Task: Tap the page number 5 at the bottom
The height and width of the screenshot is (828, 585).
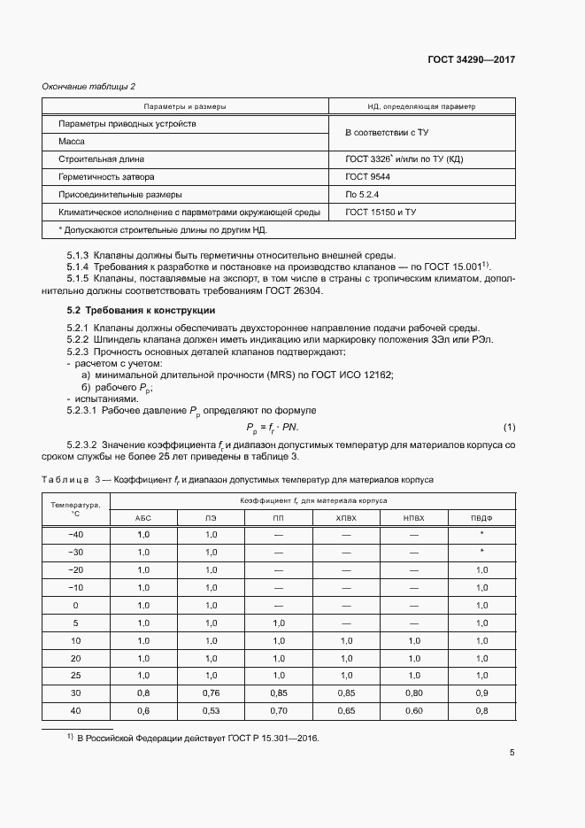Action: point(512,754)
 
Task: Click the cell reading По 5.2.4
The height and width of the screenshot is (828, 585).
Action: point(363,195)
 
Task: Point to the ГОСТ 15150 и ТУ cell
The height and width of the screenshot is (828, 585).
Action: point(381,213)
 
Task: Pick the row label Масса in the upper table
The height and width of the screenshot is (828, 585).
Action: point(72,142)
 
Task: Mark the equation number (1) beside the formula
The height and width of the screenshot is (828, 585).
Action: point(509,428)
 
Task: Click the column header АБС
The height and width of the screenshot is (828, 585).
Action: point(142,516)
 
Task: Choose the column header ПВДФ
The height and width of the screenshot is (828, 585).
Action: point(481,516)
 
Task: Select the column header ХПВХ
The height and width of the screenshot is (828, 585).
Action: point(346,516)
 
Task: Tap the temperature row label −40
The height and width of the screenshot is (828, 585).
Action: point(75,535)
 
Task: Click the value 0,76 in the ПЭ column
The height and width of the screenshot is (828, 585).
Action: point(211,693)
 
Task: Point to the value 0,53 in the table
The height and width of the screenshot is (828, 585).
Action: point(211,710)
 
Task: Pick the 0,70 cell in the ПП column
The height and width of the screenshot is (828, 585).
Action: point(278,710)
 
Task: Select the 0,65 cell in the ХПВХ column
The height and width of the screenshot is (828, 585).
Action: point(346,710)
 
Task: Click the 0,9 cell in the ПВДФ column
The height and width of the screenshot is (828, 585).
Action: point(481,693)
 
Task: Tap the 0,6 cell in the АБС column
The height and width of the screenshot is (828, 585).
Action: point(142,710)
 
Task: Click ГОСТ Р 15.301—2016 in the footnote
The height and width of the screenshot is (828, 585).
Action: point(274,738)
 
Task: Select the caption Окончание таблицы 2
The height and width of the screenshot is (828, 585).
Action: point(89,86)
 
